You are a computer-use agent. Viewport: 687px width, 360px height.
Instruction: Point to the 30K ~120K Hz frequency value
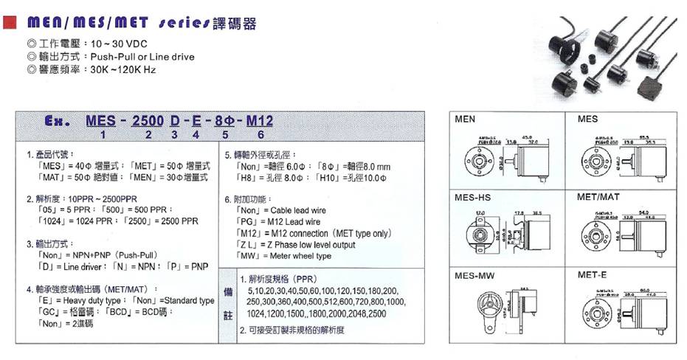pos(123,70)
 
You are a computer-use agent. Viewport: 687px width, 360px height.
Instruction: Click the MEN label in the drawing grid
pos(466,119)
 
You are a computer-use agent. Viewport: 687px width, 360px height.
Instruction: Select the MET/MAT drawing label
pos(599,197)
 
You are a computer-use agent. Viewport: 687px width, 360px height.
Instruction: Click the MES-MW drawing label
pos(474,275)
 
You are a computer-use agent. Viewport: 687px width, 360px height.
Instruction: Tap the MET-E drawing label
pos(593,275)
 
